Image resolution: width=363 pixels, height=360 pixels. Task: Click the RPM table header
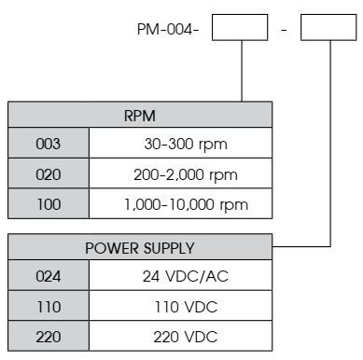(x=140, y=116)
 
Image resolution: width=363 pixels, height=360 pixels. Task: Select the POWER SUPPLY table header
(x=140, y=248)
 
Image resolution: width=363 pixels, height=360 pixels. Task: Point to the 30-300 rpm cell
(x=181, y=145)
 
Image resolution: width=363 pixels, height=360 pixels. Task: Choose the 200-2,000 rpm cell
(x=181, y=174)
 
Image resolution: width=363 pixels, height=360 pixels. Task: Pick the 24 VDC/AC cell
(x=181, y=277)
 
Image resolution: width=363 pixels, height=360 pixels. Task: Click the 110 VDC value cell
(x=181, y=307)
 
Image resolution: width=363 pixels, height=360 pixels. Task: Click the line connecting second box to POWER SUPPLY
(x=329, y=149)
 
